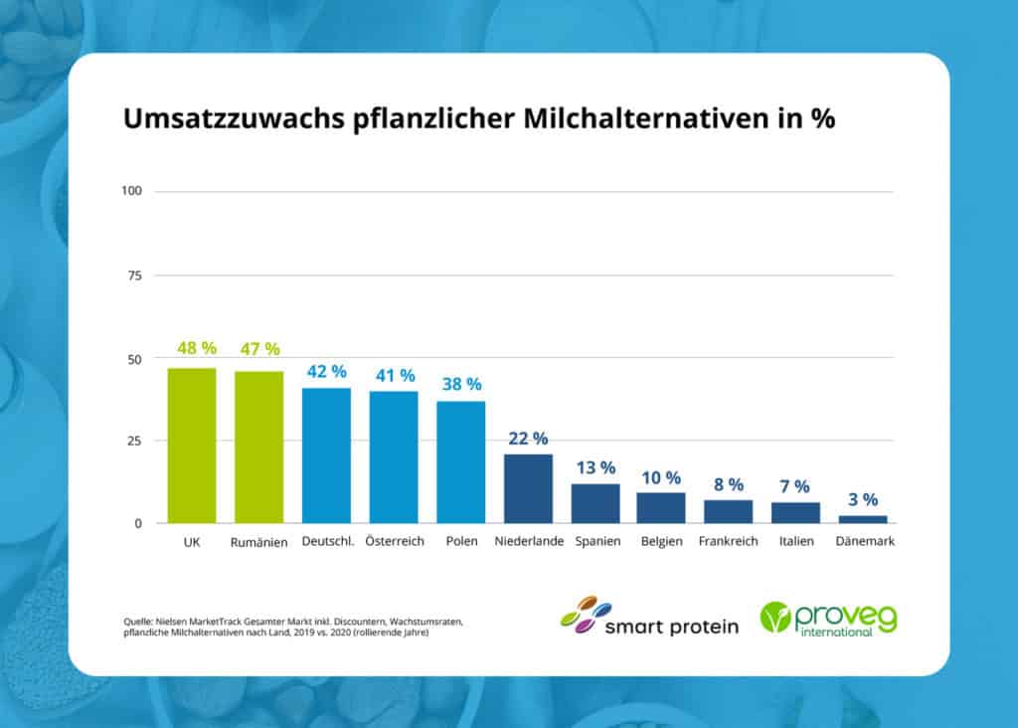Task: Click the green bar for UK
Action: pyautogui.click(x=192, y=446)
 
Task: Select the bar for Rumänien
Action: pyautogui.click(x=258, y=447)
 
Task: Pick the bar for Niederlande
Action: pyautogui.click(x=528, y=488)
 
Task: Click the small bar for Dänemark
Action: pyautogui.click(x=863, y=519)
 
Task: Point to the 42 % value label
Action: pyautogui.click(x=326, y=371)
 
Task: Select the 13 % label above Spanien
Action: pyautogui.click(x=594, y=467)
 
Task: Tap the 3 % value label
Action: pyautogui.click(x=863, y=499)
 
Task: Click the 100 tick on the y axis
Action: pyautogui.click(x=132, y=191)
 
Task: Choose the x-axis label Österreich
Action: pyautogui.click(x=393, y=542)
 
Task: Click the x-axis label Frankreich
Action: pyautogui.click(x=728, y=542)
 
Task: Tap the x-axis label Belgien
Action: pyautogui.click(x=661, y=542)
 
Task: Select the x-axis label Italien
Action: pyautogui.click(x=795, y=542)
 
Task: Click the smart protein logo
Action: pyautogui.click(x=649, y=617)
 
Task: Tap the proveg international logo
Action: pyautogui.click(x=828, y=619)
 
